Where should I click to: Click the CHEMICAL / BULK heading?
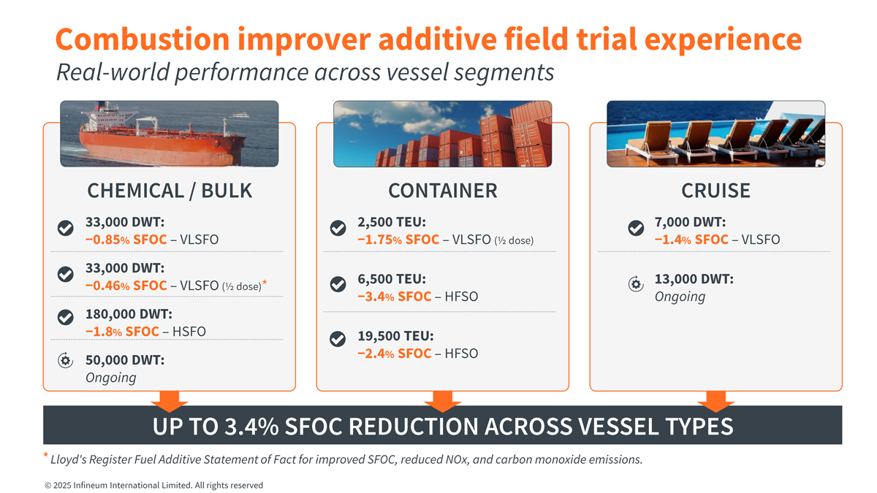pos(170,191)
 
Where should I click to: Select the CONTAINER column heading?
pos(442,191)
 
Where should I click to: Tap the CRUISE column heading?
pos(715,191)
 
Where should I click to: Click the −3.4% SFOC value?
pos(394,297)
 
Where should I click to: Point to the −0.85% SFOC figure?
pos(126,240)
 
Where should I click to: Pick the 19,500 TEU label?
pos(395,336)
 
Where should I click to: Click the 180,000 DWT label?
pos(129,315)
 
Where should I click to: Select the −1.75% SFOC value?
pos(398,240)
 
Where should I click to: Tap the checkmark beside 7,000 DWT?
pos(636,229)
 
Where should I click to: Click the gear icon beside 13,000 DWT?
pos(636,285)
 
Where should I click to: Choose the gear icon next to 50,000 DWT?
pos(65,359)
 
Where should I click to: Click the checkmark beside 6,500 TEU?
pos(338,285)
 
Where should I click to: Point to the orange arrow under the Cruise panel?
pos(715,401)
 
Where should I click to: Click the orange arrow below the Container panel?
pos(442,401)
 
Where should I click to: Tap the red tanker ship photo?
pos(170,134)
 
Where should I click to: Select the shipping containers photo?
pos(442,134)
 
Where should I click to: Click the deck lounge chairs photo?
pos(715,134)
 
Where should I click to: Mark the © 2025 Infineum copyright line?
pos(153,485)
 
